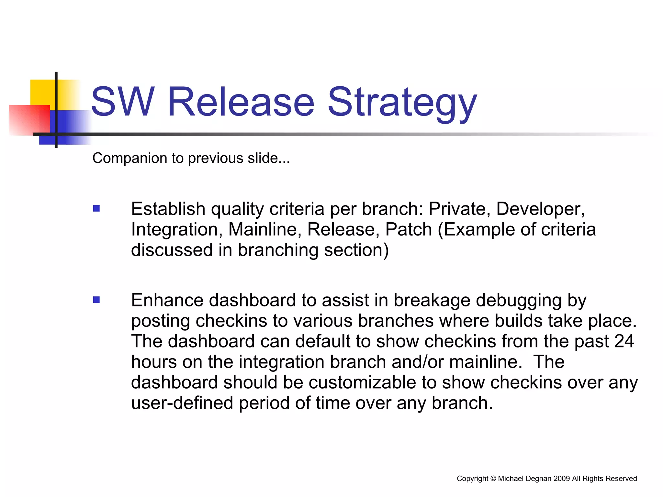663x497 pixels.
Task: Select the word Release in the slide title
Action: [x=241, y=102]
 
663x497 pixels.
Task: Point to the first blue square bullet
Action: [x=96, y=208]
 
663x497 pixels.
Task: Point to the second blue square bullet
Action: [x=96, y=300]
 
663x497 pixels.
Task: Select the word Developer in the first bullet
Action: [x=539, y=209]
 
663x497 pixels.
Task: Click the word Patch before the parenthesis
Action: [x=409, y=229]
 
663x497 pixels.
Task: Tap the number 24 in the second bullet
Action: [x=624, y=341]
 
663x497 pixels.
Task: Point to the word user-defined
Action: [x=182, y=403]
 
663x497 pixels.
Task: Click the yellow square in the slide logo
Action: [x=42, y=92]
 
